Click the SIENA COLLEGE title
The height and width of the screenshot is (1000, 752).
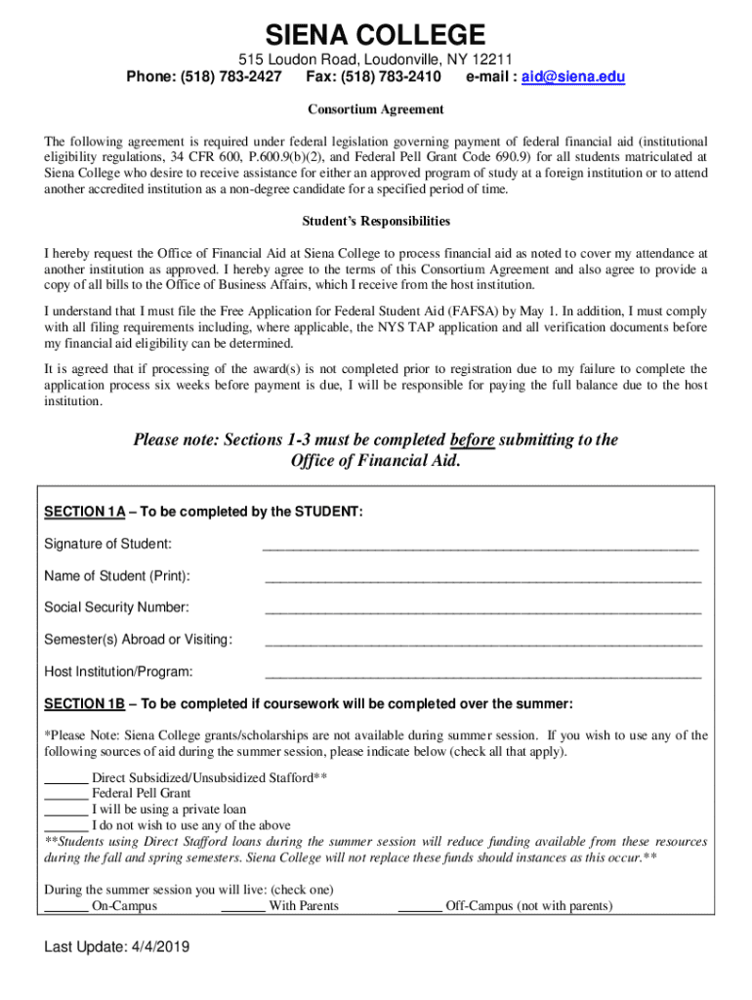coord(376,36)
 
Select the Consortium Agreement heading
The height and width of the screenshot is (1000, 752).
coord(376,109)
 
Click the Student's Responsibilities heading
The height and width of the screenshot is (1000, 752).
coord(376,221)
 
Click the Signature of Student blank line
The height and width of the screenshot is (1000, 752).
coord(480,546)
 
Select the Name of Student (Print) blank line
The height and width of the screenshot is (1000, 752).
coord(482,578)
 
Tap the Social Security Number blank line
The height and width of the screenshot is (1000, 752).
coord(482,610)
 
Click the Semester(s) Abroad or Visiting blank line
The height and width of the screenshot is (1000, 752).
coord(482,643)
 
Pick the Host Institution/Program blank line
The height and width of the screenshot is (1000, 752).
coord(482,675)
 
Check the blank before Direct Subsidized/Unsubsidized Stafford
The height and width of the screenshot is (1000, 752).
coord(66,779)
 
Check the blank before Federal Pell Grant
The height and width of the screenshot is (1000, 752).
coord(66,795)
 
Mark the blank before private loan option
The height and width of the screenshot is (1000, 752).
coord(66,811)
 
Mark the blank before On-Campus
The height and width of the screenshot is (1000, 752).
coord(66,907)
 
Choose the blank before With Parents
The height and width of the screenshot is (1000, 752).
coord(243,907)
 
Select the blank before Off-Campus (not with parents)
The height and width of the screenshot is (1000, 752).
coord(420,907)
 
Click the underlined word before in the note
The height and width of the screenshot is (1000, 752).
coord(473,439)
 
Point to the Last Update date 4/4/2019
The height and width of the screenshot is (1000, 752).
coord(154,947)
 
